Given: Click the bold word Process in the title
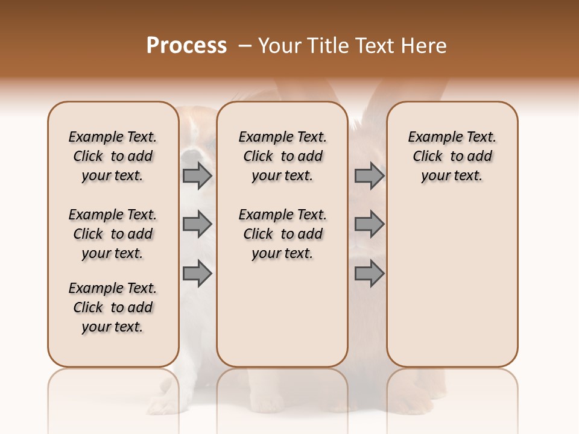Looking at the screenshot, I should [x=186, y=46].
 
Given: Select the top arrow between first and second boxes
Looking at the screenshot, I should [x=197, y=175].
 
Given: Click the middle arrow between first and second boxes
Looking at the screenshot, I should [x=197, y=224].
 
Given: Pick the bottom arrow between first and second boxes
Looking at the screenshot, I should [x=197, y=274].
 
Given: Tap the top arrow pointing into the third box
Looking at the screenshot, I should [x=369, y=175].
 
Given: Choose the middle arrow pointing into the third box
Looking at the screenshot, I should [x=369, y=224].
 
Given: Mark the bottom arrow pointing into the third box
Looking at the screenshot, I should [x=369, y=274].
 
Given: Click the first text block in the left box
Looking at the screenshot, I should [x=113, y=156].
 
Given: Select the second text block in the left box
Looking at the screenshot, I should [x=113, y=234].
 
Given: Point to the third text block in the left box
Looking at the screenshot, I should [x=113, y=307].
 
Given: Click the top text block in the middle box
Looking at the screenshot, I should [x=282, y=156].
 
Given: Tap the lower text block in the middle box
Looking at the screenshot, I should [x=282, y=234].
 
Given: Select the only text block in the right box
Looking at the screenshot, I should [x=452, y=156].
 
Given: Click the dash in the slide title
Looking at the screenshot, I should [x=245, y=46].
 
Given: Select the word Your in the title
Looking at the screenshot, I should [x=280, y=46].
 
